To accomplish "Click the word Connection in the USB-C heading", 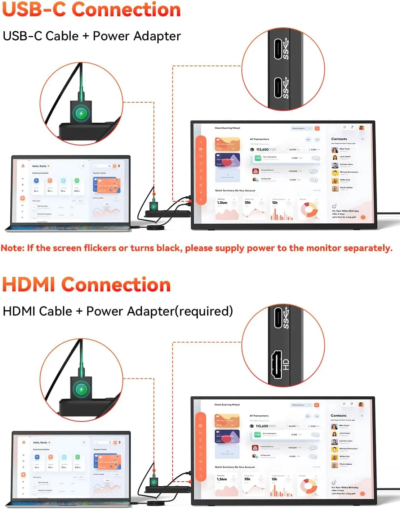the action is click(x=126, y=9).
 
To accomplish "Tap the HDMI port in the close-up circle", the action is click(x=277, y=365).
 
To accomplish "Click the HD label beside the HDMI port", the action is click(x=286, y=365).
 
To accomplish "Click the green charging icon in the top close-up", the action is click(x=81, y=113).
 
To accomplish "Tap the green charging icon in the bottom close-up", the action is click(x=81, y=389).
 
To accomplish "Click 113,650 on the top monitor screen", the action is click(x=262, y=149).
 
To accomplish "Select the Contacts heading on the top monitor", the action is click(x=339, y=139).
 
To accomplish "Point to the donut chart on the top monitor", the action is click(x=309, y=210).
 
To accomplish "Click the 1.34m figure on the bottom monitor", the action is click(x=222, y=479).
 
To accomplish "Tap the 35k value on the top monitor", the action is click(x=248, y=202).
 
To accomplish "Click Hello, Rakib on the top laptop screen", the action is click(x=40, y=166).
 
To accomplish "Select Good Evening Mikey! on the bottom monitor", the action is click(x=227, y=405).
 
